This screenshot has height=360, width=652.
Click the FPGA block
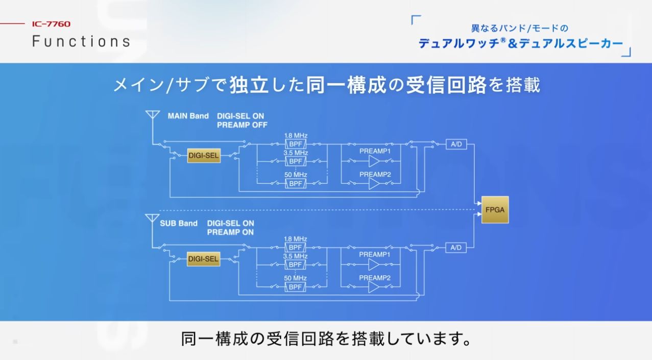point(495,209)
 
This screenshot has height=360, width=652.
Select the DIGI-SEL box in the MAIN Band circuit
point(204,156)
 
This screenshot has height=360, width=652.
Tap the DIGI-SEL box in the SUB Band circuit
point(203,259)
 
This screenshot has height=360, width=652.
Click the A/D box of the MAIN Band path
point(456,145)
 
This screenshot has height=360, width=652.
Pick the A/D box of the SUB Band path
point(456,248)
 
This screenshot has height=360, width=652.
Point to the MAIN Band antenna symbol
point(152,115)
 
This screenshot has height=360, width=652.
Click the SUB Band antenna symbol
point(152,219)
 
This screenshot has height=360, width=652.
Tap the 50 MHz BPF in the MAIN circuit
point(296,183)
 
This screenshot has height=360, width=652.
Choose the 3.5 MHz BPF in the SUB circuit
point(296,265)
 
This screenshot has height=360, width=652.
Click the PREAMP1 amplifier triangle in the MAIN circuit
point(374,161)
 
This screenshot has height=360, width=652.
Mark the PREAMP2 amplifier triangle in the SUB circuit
point(374,287)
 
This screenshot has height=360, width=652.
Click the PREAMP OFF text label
point(242,125)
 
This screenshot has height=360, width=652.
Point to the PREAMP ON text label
point(230,232)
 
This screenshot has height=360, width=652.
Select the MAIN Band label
point(188,116)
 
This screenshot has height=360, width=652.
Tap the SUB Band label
point(178,223)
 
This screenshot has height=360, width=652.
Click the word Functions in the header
point(81,41)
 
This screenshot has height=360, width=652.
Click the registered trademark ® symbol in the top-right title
point(502,40)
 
